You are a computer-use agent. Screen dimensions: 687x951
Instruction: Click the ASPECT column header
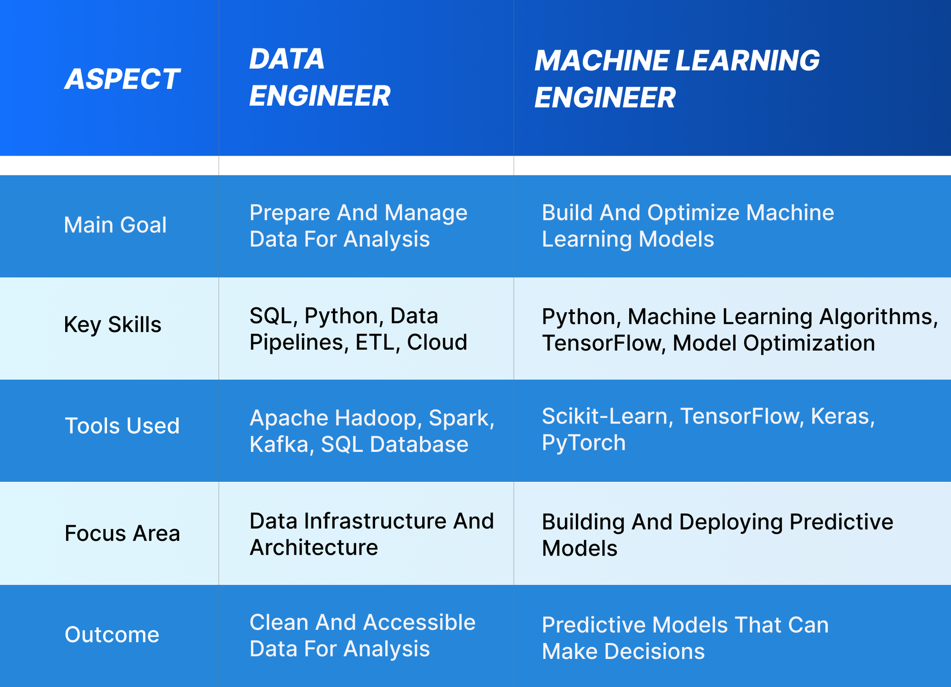click(x=122, y=79)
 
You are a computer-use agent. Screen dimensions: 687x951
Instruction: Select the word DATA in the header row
click(x=287, y=59)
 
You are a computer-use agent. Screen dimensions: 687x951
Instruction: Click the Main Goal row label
click(x=115, y=225)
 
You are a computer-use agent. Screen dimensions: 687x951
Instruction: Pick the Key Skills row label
click(x=113, y=325)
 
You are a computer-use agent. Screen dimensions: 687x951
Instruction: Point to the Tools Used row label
click(x=122, y=426)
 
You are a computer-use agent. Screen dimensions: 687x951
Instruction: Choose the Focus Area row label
click(x=122, y=533)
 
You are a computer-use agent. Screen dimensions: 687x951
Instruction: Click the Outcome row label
click(x=112, y=635)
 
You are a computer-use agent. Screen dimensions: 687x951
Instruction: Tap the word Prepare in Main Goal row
click(x=290, y=213)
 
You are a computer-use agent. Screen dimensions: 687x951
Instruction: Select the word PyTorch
click(x=584, y=443)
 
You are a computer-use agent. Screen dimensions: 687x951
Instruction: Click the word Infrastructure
click(x=375, y=521)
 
